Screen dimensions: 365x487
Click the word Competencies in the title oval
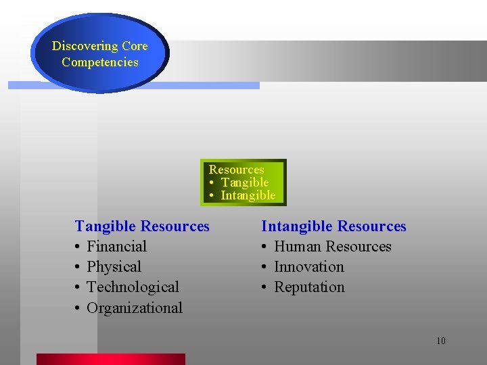click(99, 62)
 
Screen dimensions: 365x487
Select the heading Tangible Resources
click(142, 226)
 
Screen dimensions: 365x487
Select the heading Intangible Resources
click(333, 226)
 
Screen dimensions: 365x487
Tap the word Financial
click(116, 247)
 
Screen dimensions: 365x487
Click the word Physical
click(114, 267)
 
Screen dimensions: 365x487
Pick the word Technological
click(133, 287)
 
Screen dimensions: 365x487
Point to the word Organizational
click(135, 308)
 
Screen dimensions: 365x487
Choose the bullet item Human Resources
click(332, 247)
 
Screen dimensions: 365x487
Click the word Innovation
click(308, 267)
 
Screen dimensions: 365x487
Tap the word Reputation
click(309, 287)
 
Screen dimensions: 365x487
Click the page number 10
click(440, 341)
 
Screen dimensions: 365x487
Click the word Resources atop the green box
click(236, 170)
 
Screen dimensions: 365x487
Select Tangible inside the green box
click(245, 182)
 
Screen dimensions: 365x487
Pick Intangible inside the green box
click(248, 195)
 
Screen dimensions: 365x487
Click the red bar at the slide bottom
click(110, 359)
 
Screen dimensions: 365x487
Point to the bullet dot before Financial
click(78, 247)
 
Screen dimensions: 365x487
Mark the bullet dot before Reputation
click(265, 288)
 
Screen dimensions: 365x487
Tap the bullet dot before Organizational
click(78, 308)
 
